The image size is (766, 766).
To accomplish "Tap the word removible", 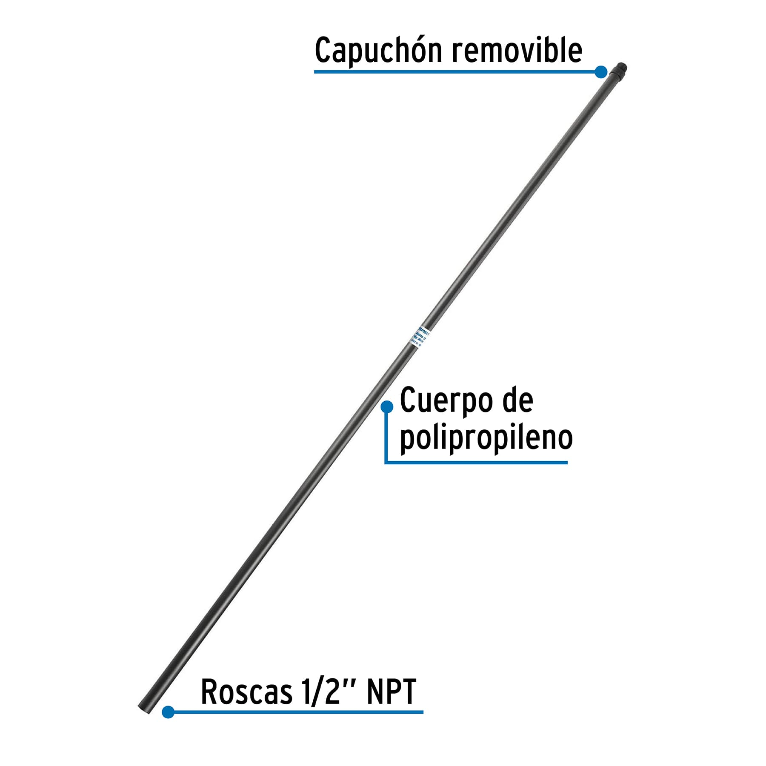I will click(517, 50).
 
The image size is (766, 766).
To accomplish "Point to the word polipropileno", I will click(486, 438).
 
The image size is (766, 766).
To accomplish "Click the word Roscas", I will click(247, 692).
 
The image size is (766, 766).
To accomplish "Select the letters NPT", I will click(391, 692).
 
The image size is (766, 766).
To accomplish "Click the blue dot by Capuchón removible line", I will click(601, 72).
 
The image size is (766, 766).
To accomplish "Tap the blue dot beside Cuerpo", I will click(387, 407).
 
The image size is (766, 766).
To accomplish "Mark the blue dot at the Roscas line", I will click(168, 712).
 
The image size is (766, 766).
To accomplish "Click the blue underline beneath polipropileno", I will click(477, 462).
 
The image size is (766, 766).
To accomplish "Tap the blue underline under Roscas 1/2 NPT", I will click(298, 712).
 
